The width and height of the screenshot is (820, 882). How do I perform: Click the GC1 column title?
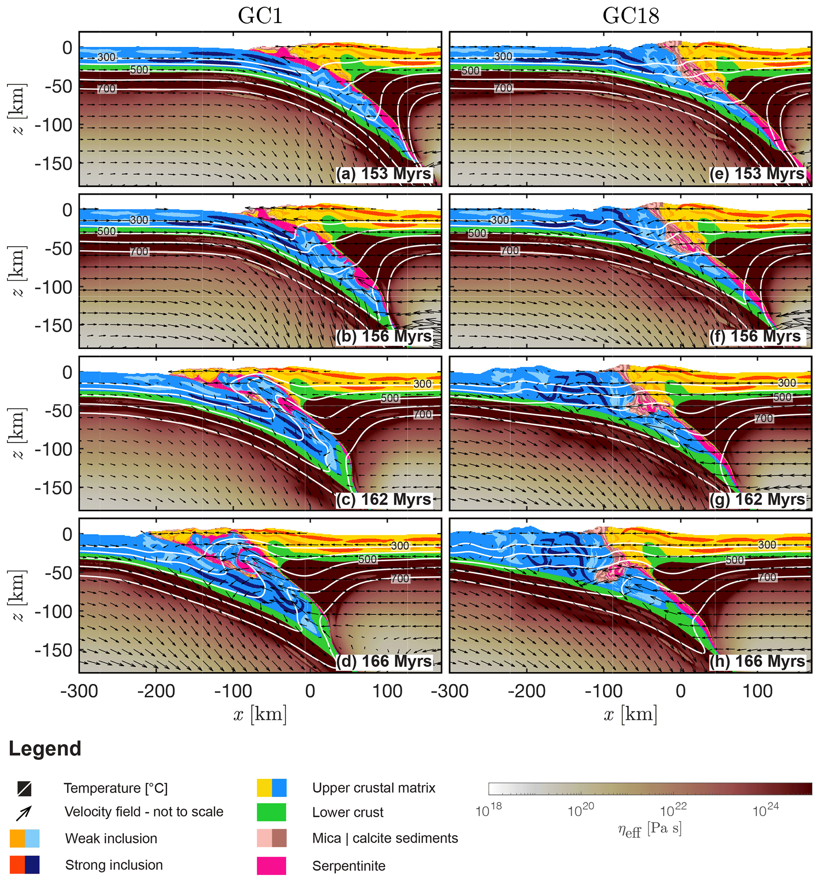click(260, 16)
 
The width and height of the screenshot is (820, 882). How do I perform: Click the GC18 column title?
click(630, 16)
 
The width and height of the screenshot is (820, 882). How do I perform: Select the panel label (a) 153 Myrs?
click(383, 174)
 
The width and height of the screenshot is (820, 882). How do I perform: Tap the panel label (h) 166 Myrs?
click(757, 661)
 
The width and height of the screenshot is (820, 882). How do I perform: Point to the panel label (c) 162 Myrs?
click(383, 499)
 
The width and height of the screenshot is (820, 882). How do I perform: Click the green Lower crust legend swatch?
click(271, 812)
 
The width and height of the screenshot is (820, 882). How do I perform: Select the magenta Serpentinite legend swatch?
click(271, 866)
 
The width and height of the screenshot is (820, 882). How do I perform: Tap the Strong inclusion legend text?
click(114, 865)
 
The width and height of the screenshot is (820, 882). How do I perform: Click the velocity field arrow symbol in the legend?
click(24, 812)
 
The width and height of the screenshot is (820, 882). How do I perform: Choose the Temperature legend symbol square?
click(24, 788)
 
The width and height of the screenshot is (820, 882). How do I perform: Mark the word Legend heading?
click(45, 749)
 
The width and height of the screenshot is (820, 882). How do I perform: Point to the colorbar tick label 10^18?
click(488, 810)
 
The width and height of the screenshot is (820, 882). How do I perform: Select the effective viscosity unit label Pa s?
click(664, 828)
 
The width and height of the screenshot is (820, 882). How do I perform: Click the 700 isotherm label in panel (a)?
click(106, 89)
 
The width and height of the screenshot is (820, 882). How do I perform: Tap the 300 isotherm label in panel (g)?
click(787, 382)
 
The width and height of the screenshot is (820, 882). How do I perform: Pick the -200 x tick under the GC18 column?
click(526, 691)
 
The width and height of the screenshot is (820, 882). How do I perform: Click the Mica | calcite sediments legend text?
click(385, 838)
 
